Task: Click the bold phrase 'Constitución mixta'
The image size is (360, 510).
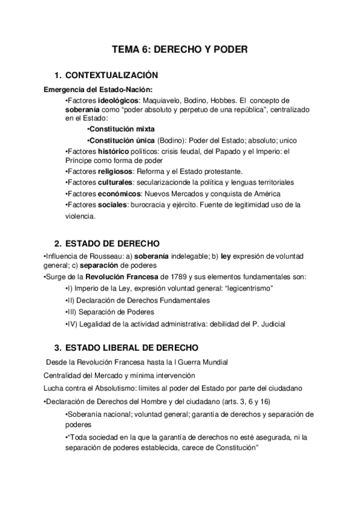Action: tap(121, 129)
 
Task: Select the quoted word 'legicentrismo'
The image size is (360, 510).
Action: tap(246, 289)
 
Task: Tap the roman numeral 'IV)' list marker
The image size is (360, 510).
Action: tap(70, 324)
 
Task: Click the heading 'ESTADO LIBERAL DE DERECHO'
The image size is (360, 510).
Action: tap(131, 348)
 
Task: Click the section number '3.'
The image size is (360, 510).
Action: tap(58, 348)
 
